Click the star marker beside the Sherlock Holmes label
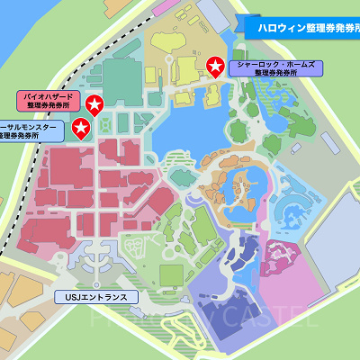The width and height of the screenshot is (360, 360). (215, 66)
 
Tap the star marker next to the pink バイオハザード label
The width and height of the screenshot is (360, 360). (94, 105)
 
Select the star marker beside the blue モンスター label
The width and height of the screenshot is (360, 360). (81, 128)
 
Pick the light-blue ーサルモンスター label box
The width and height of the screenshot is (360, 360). (31, 131)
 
